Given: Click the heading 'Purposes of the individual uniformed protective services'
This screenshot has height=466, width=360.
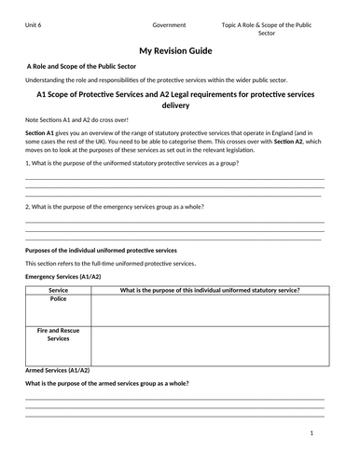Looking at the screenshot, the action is (101, 250).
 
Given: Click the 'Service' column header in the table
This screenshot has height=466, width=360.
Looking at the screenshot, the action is (58, 291).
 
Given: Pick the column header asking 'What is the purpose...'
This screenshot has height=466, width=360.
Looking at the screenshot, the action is (210, 291).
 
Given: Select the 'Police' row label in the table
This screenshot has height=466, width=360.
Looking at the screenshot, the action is (58, 299).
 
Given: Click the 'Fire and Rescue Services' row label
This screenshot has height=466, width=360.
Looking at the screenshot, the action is (58, 335).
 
